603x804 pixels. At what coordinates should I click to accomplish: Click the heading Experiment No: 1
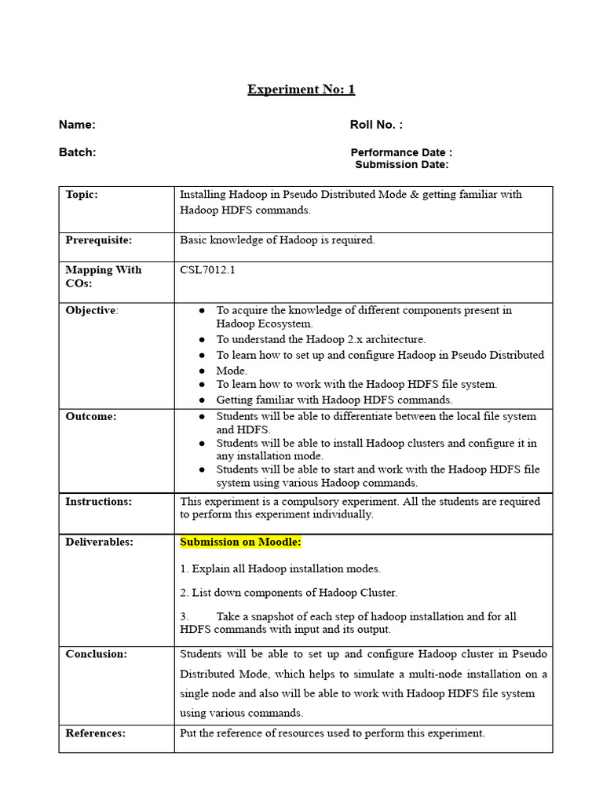(x=301, y=90)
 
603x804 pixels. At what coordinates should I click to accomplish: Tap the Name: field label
(x=77, y=125)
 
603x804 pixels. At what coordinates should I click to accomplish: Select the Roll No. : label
(x=376, y=125)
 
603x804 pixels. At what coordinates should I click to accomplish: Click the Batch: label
(x=77, y=152)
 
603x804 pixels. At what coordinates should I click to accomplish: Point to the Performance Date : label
(x=401, y=152)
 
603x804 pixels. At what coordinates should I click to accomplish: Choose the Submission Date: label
(x=402, y=165)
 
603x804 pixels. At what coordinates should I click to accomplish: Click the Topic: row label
(x=82, y=195)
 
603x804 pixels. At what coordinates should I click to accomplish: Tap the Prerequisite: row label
(x=99, y=240)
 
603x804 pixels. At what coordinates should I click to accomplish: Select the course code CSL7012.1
(x=207, y=270)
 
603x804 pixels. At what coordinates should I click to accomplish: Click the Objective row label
(x=90, y=310)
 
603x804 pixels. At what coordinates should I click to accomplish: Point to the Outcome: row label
(x=90, y=417)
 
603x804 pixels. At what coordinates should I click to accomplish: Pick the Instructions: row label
(x=98, y=502)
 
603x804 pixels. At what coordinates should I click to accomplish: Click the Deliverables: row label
(x=99, y=543)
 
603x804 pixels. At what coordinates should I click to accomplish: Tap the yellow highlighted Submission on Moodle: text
(x=240, y=543)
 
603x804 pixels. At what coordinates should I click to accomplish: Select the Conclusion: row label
(x=96, y=654)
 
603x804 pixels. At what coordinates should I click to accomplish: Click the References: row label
(x=95, y=733)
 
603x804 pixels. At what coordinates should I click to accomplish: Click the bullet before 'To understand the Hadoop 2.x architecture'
(x=202, y=340)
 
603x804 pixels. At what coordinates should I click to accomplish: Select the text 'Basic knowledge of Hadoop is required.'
(x=277, y=240)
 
